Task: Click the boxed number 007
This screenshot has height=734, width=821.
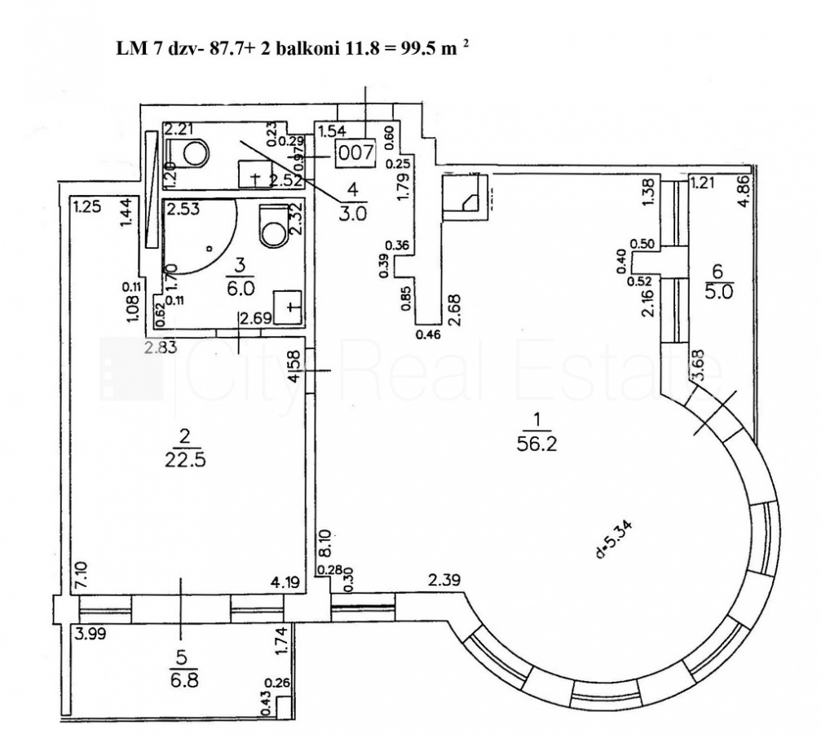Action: [x=355, y=152]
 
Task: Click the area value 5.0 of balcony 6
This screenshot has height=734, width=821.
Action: [x=718, y=290]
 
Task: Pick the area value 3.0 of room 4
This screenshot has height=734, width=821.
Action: [x=353, y=213]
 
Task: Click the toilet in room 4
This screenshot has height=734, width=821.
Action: [x=192, y=151]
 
